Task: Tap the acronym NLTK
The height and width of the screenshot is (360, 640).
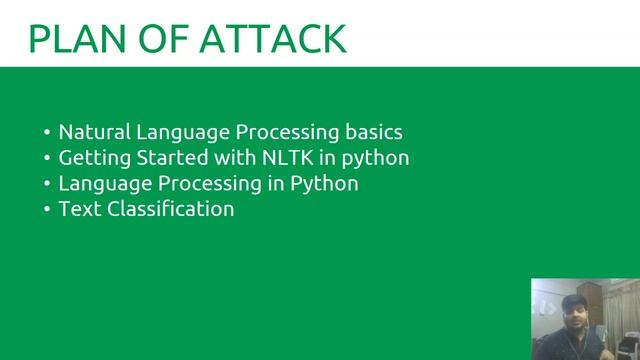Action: point(286,158)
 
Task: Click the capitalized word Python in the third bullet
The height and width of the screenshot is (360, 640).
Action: point(324,184)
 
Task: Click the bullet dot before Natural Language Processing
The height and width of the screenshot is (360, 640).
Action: point(48,133)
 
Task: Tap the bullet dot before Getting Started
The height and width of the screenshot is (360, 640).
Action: point(48,159)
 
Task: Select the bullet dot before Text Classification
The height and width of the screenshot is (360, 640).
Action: point(48,210)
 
